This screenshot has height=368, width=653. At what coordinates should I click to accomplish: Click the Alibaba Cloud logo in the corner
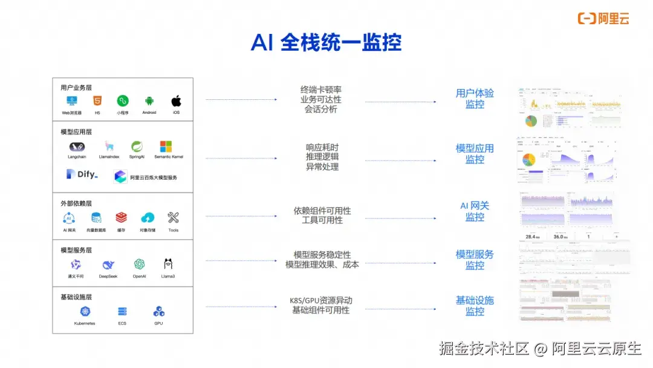[603, 18]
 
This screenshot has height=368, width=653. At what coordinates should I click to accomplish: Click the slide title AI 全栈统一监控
[326, 42]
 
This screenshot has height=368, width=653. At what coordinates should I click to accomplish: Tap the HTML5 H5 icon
[97, 101]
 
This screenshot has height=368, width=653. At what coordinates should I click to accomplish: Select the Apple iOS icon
[176, 100]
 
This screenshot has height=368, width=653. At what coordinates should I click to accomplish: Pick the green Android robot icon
[149, 101]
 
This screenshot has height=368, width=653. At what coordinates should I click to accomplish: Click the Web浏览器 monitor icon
[72, 101]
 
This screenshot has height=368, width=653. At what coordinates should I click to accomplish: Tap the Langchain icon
[77, 146]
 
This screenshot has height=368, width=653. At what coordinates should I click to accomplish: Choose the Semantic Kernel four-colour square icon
[166, 146]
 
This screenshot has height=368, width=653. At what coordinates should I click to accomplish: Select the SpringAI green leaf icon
[137, 146]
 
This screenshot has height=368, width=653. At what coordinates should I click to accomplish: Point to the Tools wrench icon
[174, 218]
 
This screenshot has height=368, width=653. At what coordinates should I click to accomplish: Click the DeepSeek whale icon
[108, 264]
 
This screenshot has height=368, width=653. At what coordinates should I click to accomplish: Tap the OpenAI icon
[140, 264]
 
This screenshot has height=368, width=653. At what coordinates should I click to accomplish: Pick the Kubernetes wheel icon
[85, 312]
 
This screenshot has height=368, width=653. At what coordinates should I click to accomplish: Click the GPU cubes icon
[159, 312]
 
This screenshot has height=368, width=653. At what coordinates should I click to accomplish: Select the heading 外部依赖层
[76, 203]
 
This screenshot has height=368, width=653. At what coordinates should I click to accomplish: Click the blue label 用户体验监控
[475, 99]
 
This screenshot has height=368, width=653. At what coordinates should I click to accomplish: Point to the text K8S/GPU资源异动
[321, 301]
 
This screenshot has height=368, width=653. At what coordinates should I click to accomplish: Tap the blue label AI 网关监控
[475, 211]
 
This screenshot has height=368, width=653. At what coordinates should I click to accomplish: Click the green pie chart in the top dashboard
[530, 120]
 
